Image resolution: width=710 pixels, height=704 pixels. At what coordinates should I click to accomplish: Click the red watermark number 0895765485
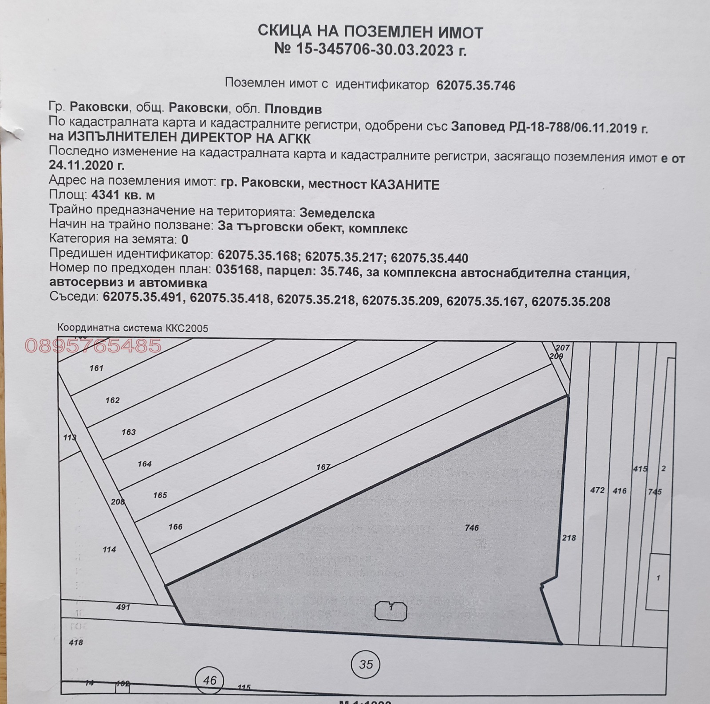93,345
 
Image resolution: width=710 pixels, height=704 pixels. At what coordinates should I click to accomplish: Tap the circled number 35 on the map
366,664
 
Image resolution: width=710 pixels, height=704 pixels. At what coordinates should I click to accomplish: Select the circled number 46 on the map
209,680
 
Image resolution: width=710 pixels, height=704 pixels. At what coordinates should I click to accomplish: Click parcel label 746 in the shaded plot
472,528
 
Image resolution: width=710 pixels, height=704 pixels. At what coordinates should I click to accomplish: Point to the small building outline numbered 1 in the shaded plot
391,611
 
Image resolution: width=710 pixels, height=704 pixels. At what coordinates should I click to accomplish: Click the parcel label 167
323,467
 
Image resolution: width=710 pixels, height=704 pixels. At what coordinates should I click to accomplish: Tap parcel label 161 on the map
96,368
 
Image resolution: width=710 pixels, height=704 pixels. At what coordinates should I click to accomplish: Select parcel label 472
597,490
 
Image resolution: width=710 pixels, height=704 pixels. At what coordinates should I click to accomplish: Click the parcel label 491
122,607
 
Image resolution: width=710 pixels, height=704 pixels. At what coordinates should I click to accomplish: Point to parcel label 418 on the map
76,642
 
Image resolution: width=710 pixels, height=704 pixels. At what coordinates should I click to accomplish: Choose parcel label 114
109,550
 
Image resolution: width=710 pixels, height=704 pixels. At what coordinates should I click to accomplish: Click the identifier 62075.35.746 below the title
476,86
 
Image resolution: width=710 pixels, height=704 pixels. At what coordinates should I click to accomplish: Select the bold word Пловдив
293,109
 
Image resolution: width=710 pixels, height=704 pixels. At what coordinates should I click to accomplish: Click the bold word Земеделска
337,213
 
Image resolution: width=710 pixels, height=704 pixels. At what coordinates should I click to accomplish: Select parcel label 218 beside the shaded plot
569,538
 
